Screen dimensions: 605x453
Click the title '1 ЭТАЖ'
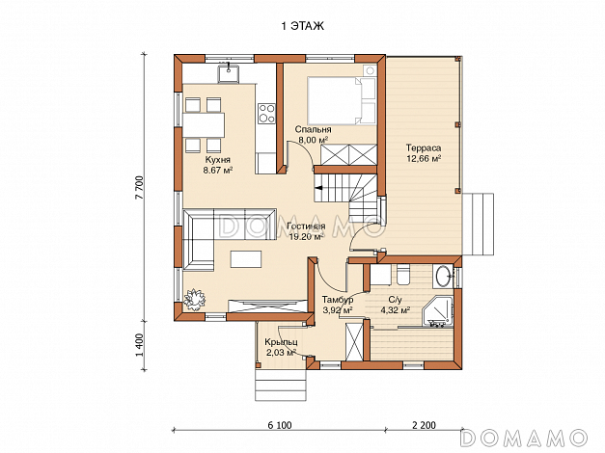tap(303, 26)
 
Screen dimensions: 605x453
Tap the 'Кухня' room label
tap(218, 160)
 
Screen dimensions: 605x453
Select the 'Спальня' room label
tap(313, 129)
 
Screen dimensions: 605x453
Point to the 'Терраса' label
tap(424, 148)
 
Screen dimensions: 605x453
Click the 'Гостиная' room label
tap(306, 226)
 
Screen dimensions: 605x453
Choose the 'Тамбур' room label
tap(338, 300)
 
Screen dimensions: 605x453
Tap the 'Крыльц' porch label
tap(281, 342)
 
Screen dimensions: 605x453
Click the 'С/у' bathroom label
tap(395, 300)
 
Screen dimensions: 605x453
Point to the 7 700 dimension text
tap(140, 187)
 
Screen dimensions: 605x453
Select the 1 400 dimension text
tap(140, 345)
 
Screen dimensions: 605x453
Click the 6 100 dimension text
tap(280, 425)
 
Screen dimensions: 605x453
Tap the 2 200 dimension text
tap(424, 425)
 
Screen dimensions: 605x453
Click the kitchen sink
tap(229, 73)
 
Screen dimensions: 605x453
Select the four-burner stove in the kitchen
tap(266, 114)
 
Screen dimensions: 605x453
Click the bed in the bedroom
tap(342, 100)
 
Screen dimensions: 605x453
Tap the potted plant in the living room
tap(194, 299)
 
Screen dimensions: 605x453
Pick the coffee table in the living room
tap(246, 258)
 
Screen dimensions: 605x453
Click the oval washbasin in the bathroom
tap(443, 276)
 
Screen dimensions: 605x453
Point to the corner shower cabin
tap(437, 312)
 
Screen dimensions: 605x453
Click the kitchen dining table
tap(204, 125)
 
